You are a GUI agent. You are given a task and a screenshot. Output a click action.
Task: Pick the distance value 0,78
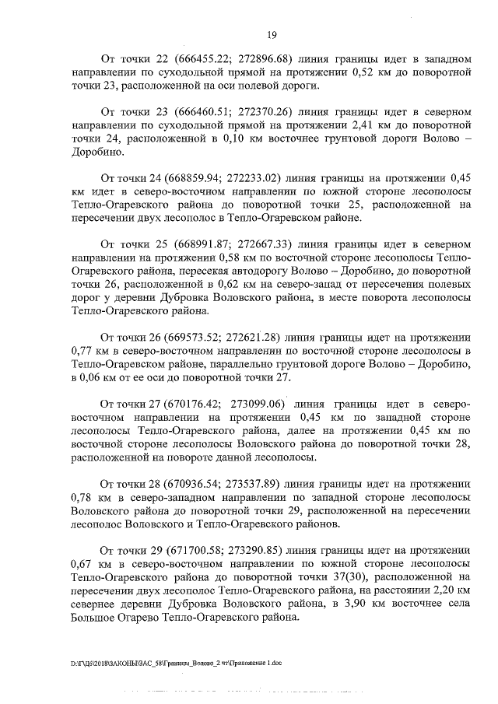(82, 492)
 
